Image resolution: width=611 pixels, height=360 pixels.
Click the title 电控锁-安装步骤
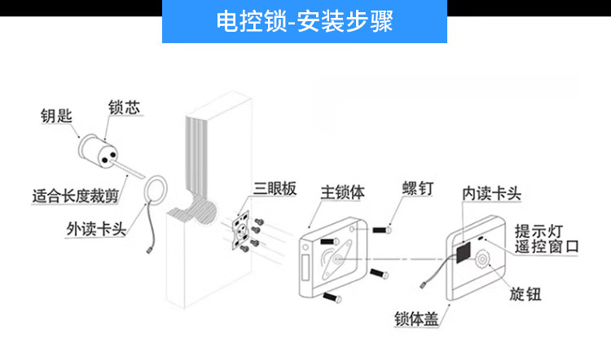pos(305,21)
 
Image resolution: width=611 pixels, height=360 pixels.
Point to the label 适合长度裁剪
pos(73,195)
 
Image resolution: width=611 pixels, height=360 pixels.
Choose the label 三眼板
pos(275,189)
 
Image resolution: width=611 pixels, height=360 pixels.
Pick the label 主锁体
pos(342,193)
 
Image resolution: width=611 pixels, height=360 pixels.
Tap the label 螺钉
pos(417,190)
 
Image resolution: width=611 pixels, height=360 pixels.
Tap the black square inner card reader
pos(462,252)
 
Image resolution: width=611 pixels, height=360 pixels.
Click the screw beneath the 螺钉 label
pos(381,230)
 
